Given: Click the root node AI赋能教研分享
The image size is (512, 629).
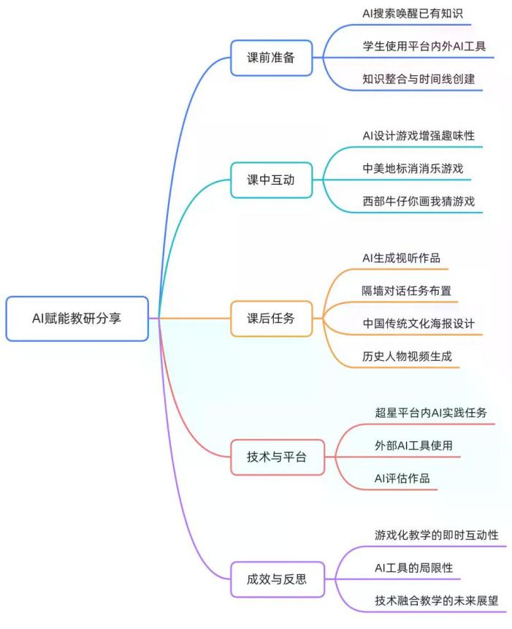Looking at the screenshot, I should (77, 318).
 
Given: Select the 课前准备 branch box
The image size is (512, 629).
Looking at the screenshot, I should (271, 58).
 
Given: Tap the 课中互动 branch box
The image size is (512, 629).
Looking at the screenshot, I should (271, 180).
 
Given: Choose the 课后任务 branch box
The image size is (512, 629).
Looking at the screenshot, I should (271, 318).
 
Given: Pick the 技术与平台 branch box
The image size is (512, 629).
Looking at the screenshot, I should (277, 457).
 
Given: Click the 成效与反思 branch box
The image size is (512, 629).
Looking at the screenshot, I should (277, 580).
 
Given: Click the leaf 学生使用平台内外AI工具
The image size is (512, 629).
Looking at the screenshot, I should (428, 46).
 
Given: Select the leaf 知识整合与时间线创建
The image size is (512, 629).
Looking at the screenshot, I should (419, 78).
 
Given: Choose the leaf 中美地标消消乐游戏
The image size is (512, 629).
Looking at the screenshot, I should (413, 168).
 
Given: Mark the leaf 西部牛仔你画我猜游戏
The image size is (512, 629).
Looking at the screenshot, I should (419, 200).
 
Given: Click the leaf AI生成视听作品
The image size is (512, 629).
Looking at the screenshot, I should (401, 258).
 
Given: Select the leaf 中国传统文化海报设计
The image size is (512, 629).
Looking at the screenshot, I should (419, 322).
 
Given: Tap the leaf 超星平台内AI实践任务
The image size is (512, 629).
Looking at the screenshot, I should (430, 413).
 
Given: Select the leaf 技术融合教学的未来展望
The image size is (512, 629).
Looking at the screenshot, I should (435, 600).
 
